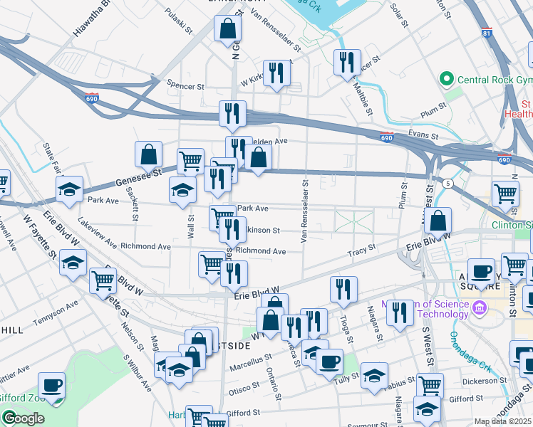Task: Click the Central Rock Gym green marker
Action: (x=447, y=78)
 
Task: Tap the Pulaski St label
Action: (x=179, y=21)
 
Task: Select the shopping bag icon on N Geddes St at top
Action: (x=227, y=29)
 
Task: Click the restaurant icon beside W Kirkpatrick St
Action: (x=276, y=73)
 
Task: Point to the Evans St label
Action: (x=421, y=133)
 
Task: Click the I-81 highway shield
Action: (x=487, y=33)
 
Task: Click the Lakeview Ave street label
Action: (x=98, y=233)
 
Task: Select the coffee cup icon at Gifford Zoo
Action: (x=51, y=386)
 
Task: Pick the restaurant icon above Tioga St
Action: (x=343, y=290)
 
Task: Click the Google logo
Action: (x=23, y=418)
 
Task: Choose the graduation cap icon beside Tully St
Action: (x=373, y=376)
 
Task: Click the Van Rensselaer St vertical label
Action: (x=304, y=211)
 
